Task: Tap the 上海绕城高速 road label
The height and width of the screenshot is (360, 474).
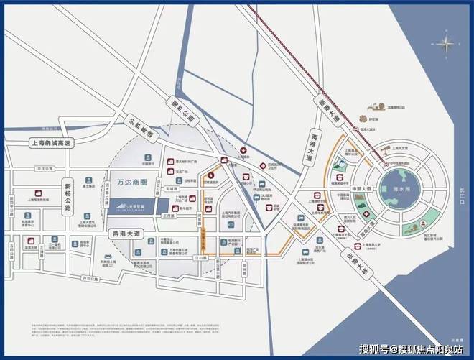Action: tap(52, 143)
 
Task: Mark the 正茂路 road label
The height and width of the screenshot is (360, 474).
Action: tap(169, 214)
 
